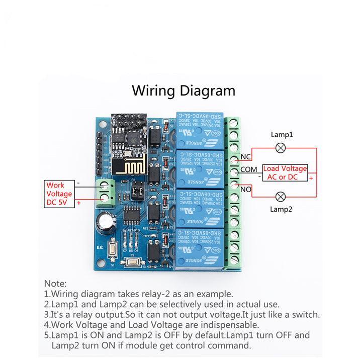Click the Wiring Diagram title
183,90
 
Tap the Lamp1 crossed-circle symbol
282,148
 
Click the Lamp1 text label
282,135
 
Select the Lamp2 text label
282,209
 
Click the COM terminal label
248,169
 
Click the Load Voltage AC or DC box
285,173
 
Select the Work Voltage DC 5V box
59,194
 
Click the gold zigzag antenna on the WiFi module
129,165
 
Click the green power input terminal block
106,192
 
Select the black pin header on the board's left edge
99,151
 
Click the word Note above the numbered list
55,284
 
